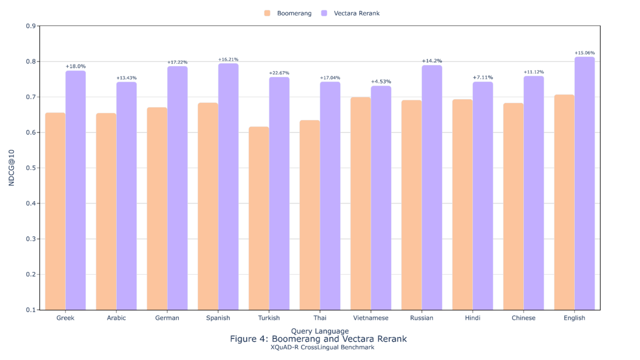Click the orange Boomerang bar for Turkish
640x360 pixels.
click(259, 218)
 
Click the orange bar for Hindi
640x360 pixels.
click(462, 205)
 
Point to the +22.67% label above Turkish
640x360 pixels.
click(279, 73)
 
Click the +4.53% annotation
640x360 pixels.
click(381, 82)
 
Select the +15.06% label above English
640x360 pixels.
click(585, 53)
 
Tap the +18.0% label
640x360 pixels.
click(75, 66)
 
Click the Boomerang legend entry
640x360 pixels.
click(288, 13)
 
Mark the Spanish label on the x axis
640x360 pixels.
click(218, 318)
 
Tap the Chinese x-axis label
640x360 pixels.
click(524, 318)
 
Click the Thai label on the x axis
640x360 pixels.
click(320, 318)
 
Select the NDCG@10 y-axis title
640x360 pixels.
click(12, 168)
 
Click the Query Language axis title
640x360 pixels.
click(320, 331)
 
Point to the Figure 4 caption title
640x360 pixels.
click(318, 339)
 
